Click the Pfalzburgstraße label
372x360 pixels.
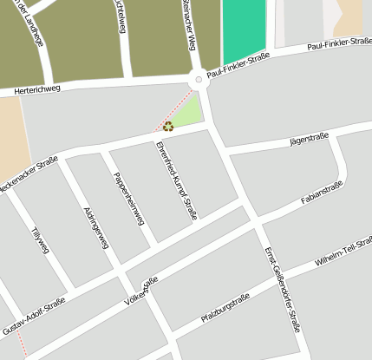225,309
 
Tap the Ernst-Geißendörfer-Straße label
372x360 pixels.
282,290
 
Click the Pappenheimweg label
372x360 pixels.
127,198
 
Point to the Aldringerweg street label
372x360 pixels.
95,228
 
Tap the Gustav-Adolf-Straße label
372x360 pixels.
33,317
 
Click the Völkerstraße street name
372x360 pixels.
141,292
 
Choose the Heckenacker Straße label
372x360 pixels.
28,173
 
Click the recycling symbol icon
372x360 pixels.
167,126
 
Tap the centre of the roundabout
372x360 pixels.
199,81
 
